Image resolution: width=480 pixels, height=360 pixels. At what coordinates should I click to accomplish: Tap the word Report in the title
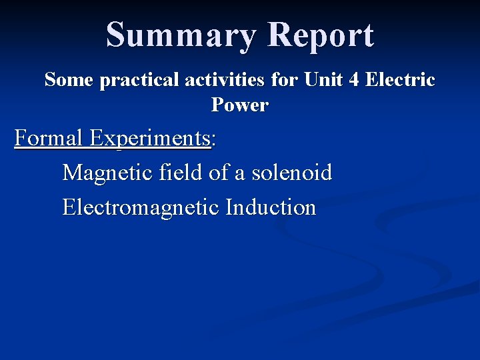pos(321,35)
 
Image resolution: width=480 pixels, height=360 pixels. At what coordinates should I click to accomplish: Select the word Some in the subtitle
pos(69,81)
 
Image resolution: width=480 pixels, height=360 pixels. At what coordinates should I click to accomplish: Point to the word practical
pos(139,81)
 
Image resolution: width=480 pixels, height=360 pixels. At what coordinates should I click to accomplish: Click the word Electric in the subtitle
pos(399,81)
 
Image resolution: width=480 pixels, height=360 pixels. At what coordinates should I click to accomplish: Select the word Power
pos(240,105)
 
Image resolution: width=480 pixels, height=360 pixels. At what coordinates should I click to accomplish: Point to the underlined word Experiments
pos(150,139)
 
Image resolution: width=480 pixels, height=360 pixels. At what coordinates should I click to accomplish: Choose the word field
pos(183,173)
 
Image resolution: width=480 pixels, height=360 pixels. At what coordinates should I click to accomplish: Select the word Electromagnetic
pos(141,207)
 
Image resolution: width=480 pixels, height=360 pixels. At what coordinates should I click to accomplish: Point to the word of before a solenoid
pos(219,173)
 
